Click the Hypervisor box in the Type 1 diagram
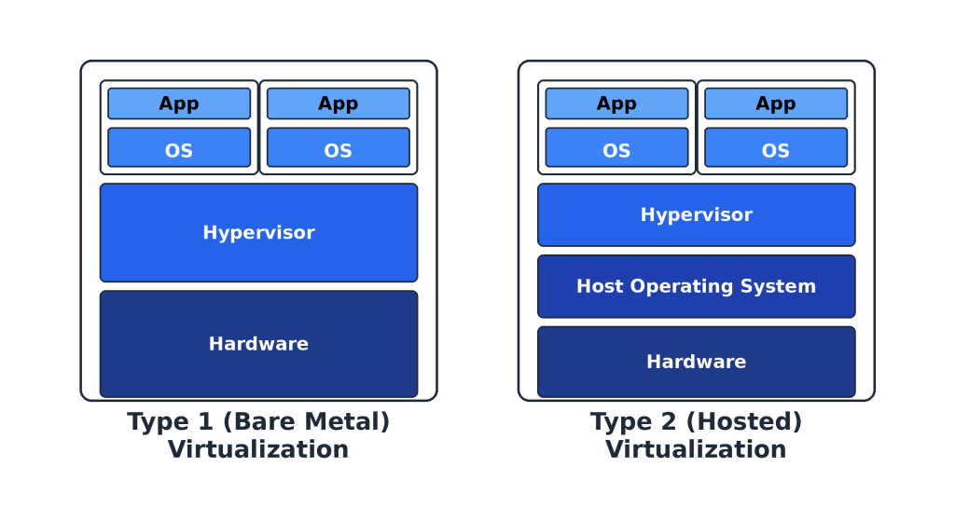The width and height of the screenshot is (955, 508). pos(258,232)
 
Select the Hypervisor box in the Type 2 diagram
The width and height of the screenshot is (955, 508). pos(696,214)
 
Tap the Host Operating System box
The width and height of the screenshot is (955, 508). pos(696,286)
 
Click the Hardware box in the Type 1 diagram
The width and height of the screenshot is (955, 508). pos(258,344)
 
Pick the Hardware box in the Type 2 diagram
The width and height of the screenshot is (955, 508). pos(696,362)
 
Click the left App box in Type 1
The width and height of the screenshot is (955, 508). pos(179,103)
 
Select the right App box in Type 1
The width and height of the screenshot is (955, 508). pos(338,103)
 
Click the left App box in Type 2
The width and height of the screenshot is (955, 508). pos(616,103)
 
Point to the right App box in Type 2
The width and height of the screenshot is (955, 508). pos(775,103)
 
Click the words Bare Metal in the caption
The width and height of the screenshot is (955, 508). pos(305,422)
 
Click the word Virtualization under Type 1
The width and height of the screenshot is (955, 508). pos(258,449)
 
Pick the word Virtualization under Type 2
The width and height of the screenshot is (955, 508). pos(696,449)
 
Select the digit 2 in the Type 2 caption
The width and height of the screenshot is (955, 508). pos(666,422)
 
